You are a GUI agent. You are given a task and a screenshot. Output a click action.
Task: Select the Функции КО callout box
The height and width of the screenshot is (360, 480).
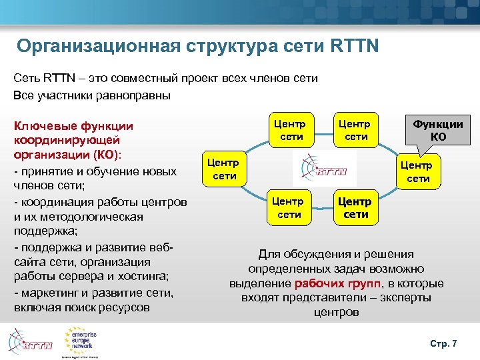tap(438, 130)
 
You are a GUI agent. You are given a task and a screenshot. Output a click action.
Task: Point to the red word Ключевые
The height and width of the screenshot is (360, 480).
tap(43, 125)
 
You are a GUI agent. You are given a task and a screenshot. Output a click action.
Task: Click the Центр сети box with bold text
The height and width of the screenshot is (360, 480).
tap(356, 207)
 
